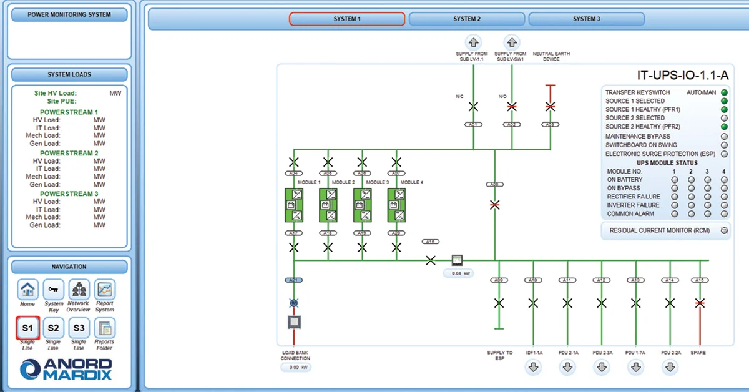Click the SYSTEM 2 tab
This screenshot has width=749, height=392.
click(x=467, y=19)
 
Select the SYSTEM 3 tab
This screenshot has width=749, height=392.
click(x=587, y=19)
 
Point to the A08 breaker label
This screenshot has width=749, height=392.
click(x=494, y=184)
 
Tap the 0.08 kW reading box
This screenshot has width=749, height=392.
click(x=458, y=273)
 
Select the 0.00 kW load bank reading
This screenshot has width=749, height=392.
click(x=295, y=367)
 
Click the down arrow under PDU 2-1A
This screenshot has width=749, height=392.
click(x=567, y=367)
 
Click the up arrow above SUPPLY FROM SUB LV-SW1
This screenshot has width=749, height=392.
click(x=511, y=42)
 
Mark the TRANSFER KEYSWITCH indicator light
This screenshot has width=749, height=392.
click(x=724, y=92)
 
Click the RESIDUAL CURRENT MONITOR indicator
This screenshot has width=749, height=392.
click(x=724, y=230)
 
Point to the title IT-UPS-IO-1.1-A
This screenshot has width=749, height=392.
click(x=682, y=76)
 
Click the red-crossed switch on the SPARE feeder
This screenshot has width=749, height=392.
click(x=700, y=303)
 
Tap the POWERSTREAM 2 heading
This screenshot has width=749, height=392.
click(x=69, y=153)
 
